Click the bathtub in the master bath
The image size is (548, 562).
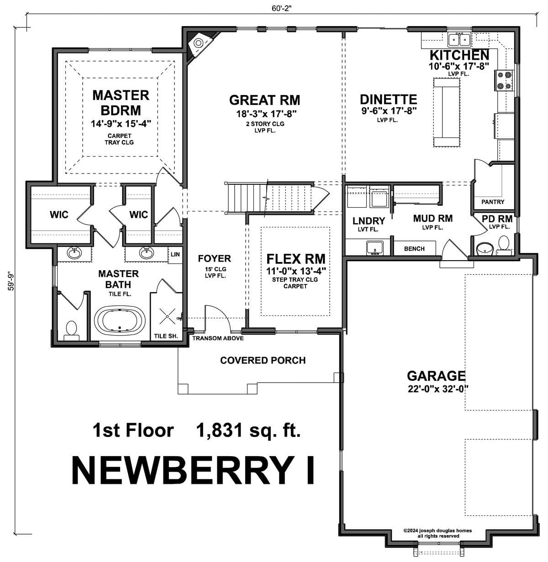point(120,321)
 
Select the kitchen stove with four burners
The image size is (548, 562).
point(504,80)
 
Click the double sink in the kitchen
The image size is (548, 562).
point(459,40)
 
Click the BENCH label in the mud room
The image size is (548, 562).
point(414,249)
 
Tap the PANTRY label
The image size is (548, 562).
point(493,202)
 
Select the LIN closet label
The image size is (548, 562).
point(175,254)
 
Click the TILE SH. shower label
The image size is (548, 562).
point(166,336)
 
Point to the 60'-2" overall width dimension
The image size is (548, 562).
point(281,8)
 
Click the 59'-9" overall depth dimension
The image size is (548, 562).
point(11,281)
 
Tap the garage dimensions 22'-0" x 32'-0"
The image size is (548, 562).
point(438,389)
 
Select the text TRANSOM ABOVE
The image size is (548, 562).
point(218,338)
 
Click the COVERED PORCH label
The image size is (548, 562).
point(263,360)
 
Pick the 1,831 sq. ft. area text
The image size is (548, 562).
point(248,431)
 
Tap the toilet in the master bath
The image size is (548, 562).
point(71,331)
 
